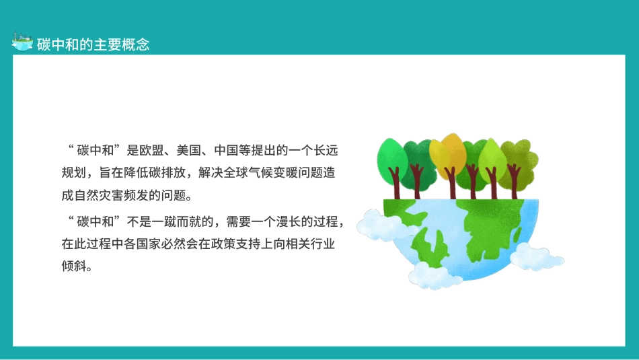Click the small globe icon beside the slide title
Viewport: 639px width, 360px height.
(22, 42)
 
